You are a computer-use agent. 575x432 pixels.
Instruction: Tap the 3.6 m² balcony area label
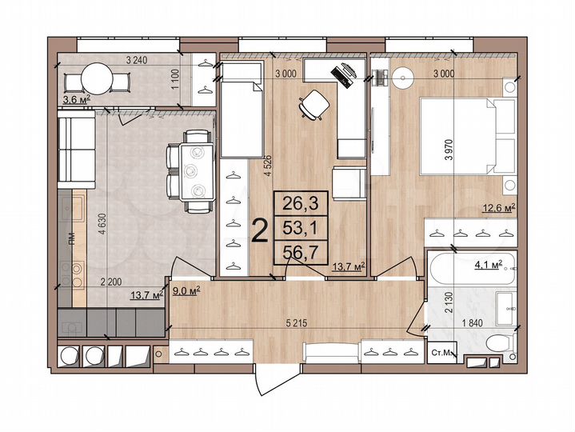click(76, 99)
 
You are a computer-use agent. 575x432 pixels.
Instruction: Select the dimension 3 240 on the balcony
click(140, 58)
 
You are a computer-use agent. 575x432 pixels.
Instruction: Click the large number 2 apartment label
click(259, 230)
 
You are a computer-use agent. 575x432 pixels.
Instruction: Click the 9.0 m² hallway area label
click(186, 290)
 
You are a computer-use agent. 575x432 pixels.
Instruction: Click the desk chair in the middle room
click(313, 104)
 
